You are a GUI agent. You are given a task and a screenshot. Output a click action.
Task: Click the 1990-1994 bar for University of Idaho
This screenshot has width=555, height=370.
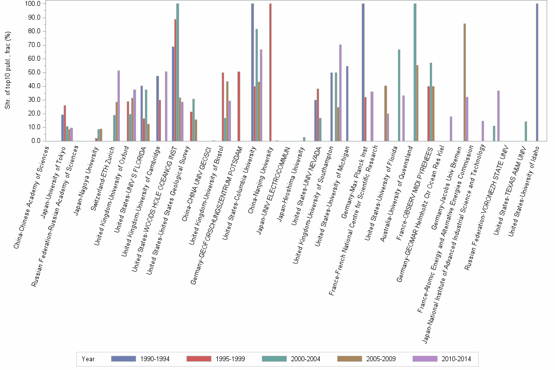pos(537,72)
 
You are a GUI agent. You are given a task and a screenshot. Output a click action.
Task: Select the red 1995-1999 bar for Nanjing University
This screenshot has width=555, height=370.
pos(270,72)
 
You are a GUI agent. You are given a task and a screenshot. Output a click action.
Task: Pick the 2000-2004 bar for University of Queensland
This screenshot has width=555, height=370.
pos(415,72)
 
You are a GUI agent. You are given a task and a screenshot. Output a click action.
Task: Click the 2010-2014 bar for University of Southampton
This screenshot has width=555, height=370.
pos(340,93)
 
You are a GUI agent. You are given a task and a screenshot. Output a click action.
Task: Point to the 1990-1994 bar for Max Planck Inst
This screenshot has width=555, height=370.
pos(363,72)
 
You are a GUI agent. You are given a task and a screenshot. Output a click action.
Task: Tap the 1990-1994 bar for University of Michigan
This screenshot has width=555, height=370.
pos(347,104)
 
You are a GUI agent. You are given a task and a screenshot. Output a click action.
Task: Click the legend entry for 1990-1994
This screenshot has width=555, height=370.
pos(140,359)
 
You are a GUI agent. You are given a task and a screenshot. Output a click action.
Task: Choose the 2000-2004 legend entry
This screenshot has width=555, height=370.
pos(292,359)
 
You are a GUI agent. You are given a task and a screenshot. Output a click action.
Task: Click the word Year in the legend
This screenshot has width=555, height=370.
pos(88,359)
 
